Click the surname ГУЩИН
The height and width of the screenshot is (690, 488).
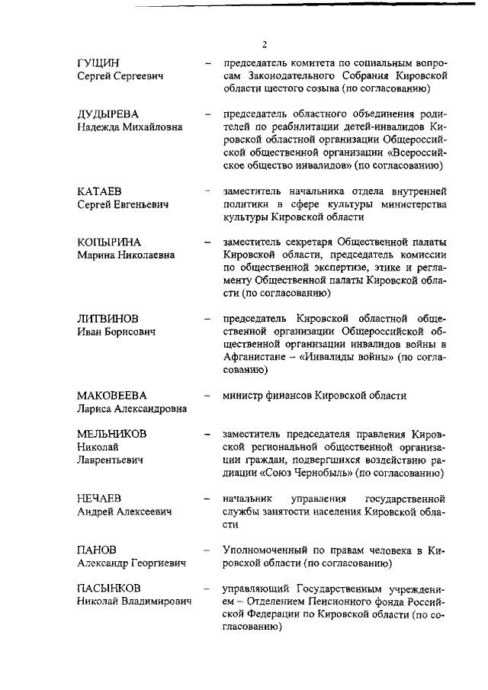tap(99, 63)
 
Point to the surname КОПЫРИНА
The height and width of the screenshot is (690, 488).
tap(110, 242)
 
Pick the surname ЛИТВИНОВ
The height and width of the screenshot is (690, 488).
tap(109, 319)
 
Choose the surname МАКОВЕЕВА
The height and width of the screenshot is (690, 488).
tap(111, 396)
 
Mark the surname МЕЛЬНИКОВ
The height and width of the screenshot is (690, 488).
tap(112, 433)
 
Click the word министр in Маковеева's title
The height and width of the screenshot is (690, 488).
tap(245, 396)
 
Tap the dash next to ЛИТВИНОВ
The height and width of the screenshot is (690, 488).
tap(207, 319)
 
